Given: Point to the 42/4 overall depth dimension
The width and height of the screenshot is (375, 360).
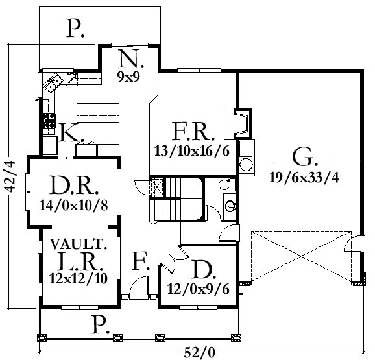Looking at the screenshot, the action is (10, 177).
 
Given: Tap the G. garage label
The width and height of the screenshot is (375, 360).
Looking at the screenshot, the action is (305, 157).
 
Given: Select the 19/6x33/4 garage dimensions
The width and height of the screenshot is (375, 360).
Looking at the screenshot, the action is (304, 178).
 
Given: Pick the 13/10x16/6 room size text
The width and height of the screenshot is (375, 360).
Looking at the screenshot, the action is (192, 151).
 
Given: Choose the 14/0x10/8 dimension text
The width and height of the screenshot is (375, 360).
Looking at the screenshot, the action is (74, 206).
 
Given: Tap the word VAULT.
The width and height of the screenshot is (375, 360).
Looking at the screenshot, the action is (79, 244).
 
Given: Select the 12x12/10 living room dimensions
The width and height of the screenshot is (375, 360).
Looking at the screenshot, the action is (79, 278).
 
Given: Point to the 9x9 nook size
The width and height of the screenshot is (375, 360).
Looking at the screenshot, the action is (128, 77).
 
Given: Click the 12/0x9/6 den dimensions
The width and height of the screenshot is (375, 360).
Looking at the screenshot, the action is (199, 289).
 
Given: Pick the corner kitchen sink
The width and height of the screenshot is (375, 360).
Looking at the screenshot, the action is (53, 83).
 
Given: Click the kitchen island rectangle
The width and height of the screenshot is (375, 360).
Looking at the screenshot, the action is (98, 113).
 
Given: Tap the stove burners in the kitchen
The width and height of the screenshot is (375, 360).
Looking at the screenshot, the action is (49, 121).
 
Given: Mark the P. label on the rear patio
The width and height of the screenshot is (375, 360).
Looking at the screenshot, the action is (75, 28).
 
